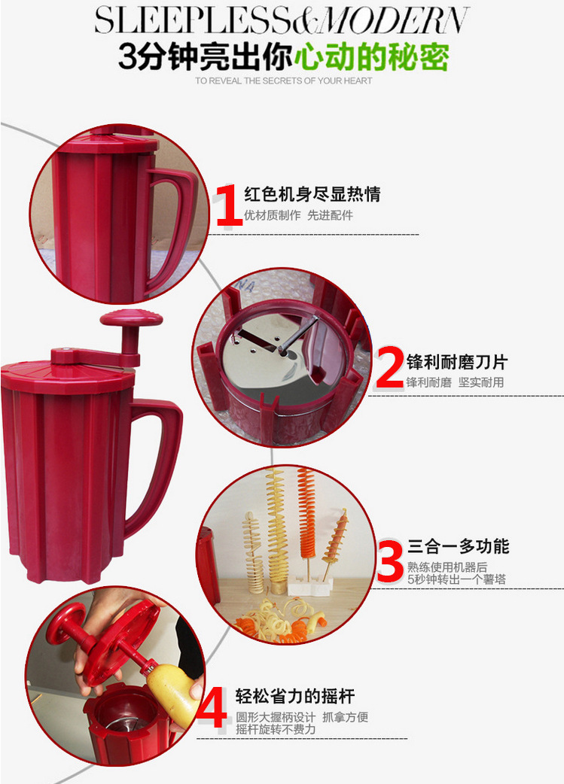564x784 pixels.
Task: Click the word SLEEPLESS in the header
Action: (x=192, y=20)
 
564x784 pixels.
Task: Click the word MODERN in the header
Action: (x=393, y=20)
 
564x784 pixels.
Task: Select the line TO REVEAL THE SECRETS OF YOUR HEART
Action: (x=284, y=81)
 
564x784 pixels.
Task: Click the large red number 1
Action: (x=229, y=205)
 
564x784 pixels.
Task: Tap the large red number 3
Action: (x=390, y=561)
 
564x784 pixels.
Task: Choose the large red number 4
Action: (x=212, y=707)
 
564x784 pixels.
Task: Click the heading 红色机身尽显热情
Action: (x=312, y=194)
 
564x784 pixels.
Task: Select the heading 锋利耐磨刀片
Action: (x=457, y=361)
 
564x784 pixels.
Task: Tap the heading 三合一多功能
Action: (x=458, y=546)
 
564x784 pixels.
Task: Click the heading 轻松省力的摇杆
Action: (x=295, y=695)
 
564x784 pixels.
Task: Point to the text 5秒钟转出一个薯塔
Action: (x=456, y=579)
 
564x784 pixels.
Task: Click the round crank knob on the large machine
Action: (x=131, y=318)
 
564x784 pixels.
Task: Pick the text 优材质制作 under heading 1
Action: (x=273, y=215)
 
